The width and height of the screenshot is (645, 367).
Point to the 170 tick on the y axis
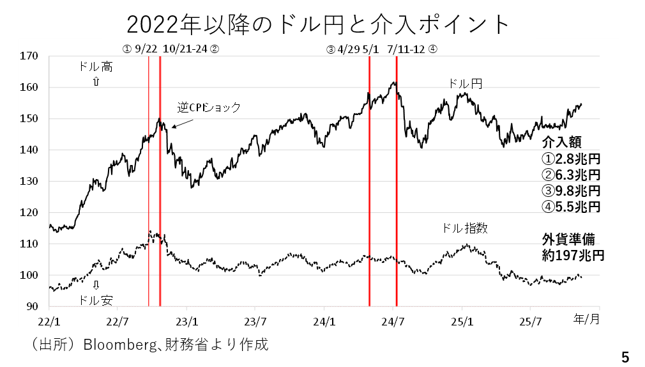[30, 56]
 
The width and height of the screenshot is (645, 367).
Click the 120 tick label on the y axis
[30, 213]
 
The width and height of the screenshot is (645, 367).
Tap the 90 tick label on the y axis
[33, 307]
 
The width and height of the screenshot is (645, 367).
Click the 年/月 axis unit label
[586, 318]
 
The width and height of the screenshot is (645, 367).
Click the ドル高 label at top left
[95, 66]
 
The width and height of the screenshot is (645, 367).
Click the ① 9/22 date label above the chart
[140, 49]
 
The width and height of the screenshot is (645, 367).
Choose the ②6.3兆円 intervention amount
[571, 175]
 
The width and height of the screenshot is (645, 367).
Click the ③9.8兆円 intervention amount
[571, 191]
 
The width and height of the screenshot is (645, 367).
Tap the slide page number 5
[625, 357]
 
